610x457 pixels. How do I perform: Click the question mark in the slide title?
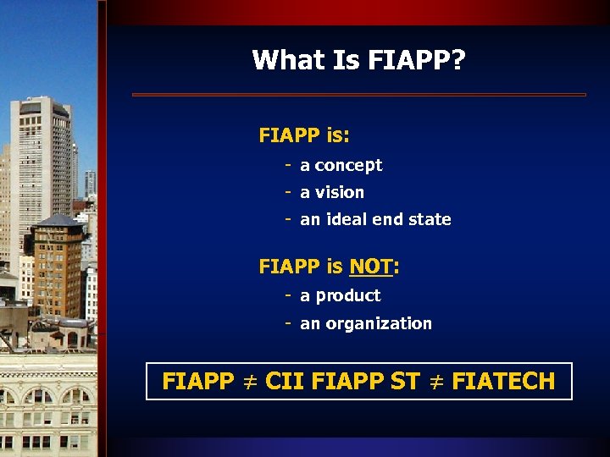click(459, 60)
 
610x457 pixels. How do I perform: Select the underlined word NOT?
click(370, 267)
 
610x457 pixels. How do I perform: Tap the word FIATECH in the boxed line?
click(503, 382)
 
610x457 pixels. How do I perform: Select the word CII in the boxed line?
click(285, 382)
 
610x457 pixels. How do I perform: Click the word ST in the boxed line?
click(405, 382)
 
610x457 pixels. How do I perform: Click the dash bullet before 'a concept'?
click(289, 164)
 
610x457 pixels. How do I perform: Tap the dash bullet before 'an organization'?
click(289, 322)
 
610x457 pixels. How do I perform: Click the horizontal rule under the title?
click(359, 95)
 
